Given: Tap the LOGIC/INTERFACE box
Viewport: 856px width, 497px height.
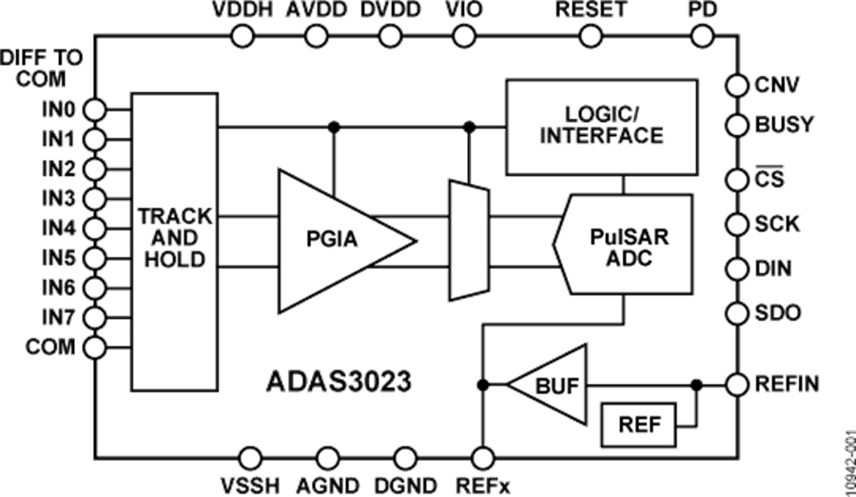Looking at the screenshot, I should [x=601, y=128].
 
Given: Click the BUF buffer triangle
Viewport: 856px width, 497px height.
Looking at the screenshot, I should [x=552, y=385].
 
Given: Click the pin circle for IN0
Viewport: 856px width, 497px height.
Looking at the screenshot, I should [x=96, y=110].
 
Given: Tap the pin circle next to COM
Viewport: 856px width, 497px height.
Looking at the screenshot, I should [x=96, y=346].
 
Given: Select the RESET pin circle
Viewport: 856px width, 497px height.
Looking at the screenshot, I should [x=592, y=35].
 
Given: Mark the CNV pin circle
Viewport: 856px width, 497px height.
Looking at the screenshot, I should [x=737, y=85].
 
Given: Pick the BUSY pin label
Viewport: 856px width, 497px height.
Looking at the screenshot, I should [x=778, y=125].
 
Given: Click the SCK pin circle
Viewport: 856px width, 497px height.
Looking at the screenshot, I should [x=737, y=224].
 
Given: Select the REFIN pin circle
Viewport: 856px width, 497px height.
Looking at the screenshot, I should [x=737, y=385].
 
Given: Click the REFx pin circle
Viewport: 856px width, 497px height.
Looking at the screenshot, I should [x=483, y=459].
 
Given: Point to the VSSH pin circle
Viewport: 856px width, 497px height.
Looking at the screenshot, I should [x=251, y=459].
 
